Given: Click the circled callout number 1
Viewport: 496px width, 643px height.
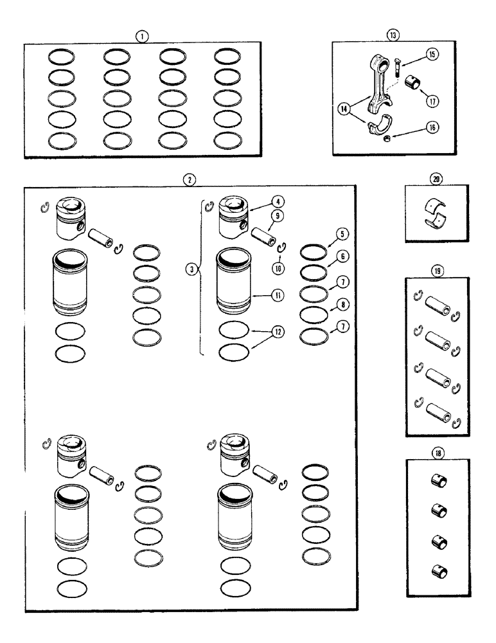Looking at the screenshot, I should point(139,37).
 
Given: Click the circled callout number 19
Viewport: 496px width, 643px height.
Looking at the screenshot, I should point(437,271).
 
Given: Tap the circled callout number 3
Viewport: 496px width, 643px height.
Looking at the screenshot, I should point(189,270).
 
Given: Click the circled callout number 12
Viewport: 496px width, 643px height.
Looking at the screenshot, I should point(277,332).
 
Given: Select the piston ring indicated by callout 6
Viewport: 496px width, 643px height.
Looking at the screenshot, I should point(311,273).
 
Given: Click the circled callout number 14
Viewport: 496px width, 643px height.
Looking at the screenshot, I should point(347,109).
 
